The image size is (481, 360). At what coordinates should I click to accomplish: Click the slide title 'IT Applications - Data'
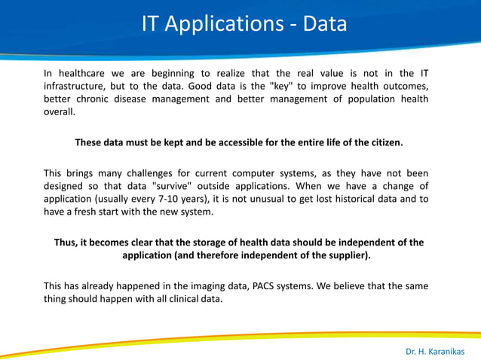tap(244, 24)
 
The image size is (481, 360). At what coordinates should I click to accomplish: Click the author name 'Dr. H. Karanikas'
tap(435, 351)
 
